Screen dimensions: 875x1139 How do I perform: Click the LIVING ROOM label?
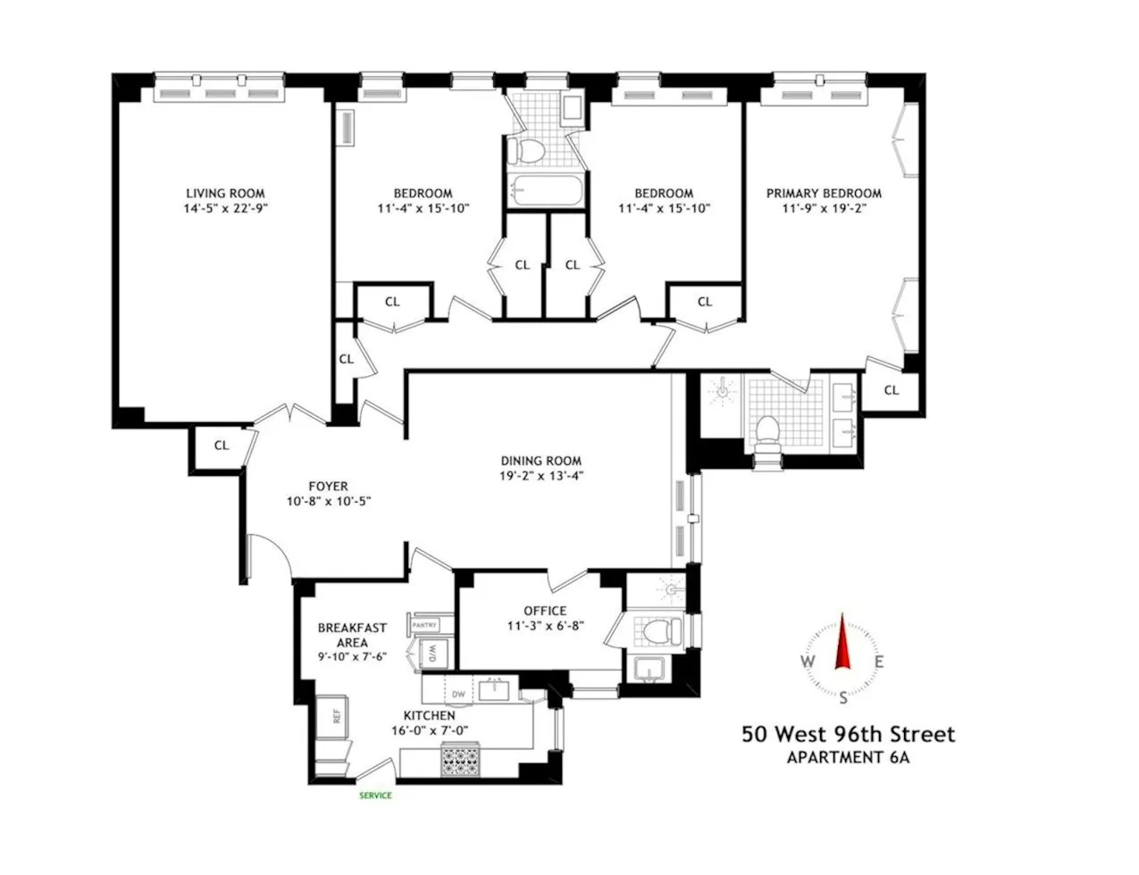225,193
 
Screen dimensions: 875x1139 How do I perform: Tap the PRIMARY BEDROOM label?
823,193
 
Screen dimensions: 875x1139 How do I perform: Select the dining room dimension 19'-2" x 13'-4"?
541,476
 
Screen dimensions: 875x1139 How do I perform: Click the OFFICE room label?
545,611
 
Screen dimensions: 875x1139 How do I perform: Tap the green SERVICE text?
375,796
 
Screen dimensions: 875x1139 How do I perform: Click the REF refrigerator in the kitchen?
336,715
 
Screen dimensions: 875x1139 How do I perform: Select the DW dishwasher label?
458,693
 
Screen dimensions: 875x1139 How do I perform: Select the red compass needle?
841,645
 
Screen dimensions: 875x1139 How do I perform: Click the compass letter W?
808,662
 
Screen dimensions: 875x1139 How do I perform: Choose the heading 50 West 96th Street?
848,735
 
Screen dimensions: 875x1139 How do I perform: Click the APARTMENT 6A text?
848,759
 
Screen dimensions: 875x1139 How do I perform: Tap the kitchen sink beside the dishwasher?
491,689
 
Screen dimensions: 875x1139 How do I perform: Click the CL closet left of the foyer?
221,445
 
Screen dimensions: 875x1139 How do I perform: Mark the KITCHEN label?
429,715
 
